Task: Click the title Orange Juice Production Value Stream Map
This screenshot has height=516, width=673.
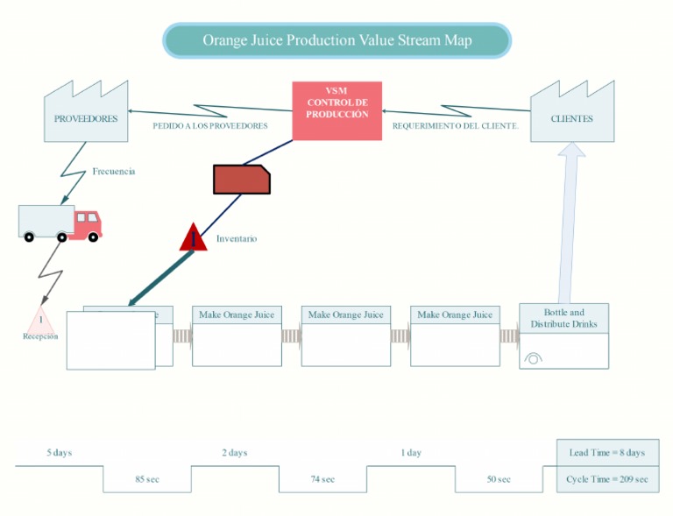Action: point(336,40)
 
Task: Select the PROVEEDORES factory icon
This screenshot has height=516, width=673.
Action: point(86,116)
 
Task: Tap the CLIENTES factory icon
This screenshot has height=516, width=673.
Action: point(571,116)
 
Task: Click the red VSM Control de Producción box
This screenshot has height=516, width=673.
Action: point(336,110)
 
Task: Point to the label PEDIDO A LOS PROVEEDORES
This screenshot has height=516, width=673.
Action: point(210,126)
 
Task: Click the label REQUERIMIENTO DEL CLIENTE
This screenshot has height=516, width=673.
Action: point(455,126)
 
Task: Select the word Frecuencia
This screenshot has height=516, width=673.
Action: point(114,172)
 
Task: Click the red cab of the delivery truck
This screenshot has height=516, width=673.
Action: point(88,223)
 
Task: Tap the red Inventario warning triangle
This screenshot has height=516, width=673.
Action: point(194,238)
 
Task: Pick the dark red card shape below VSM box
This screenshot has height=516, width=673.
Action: point(241,179)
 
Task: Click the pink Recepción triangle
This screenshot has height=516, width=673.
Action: point(40,322)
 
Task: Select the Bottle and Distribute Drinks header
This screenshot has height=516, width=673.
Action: point(563,318)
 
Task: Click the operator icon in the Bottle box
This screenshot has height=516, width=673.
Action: point(533,357)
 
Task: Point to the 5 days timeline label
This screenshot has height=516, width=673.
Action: point(60,453)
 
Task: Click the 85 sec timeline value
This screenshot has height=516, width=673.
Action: point(147,479)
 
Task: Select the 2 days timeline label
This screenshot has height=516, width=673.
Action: point(234,453)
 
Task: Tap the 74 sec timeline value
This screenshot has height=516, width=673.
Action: point(322,479)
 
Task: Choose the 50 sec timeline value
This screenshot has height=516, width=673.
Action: point(499,479)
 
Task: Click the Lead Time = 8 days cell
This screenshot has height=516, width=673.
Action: point(606,453)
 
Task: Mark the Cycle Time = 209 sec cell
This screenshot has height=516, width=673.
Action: point(606,479)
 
